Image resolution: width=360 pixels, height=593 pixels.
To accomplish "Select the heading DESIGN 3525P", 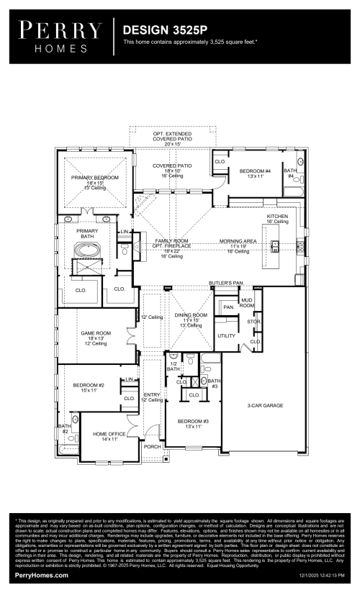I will click(165, 31).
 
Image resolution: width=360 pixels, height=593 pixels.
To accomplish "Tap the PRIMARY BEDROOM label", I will click(94, 177).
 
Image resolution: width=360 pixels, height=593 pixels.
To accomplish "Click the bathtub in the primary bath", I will click(91, 252).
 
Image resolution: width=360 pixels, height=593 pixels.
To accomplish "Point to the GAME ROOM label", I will click(94, 333).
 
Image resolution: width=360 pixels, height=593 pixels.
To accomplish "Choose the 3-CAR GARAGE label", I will click(265, 406).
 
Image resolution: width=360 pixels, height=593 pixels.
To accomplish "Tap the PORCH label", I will click(152, 446).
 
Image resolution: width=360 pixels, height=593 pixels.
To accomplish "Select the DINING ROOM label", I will click(191, 315).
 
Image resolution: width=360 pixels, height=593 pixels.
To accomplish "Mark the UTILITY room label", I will click(226, 336).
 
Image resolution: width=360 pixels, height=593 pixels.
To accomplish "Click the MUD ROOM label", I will click(246, 303).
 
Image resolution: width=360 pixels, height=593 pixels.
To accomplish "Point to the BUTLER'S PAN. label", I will click(224, 283).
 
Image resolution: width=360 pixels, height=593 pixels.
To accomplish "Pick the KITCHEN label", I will click(277, 216).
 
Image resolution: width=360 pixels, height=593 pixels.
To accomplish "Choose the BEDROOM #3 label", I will click(192, 420).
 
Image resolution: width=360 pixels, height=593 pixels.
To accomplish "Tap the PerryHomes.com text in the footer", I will click(32, 575).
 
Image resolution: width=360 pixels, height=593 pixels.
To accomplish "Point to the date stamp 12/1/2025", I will click(322, 576).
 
